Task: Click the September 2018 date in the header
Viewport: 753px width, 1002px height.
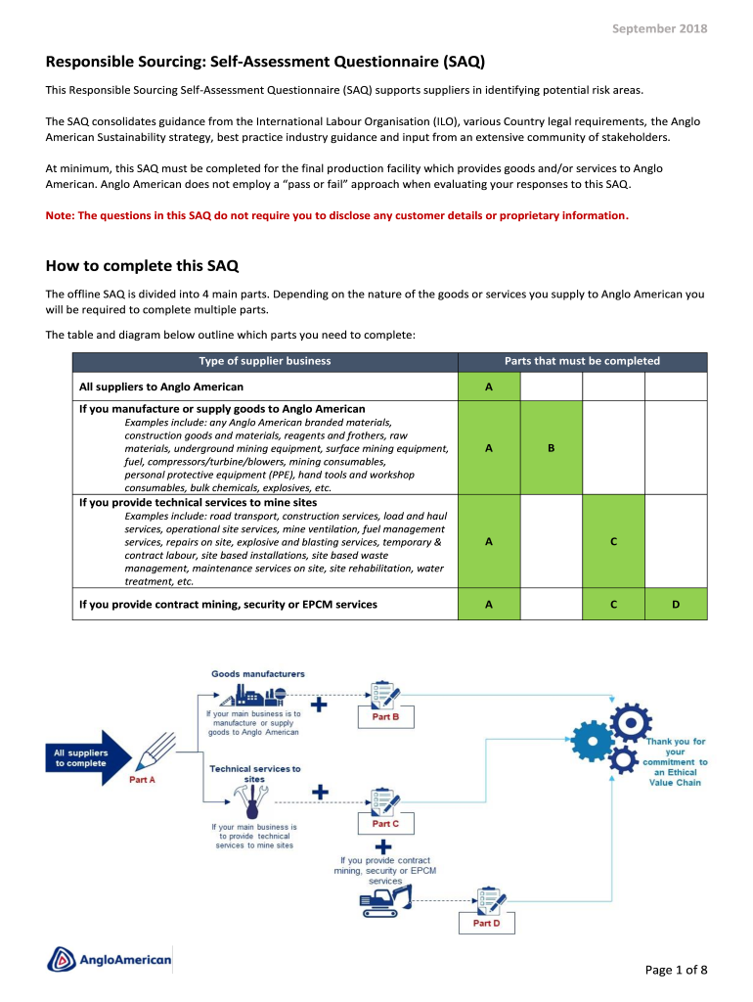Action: pyautogui.click(x=659, y=28)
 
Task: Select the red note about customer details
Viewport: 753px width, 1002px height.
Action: pyautogui.click(x=337, y=215)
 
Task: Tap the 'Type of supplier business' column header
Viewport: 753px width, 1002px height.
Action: pyautogui.click(x=265, y=361)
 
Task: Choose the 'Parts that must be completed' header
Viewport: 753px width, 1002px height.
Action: pyautogui.click(x=582, y=361)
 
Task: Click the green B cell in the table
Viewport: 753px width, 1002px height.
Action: pyautogui.click(x=552, y=448)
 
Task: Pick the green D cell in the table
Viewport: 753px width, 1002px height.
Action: pyautogui.click(x=676, y=605)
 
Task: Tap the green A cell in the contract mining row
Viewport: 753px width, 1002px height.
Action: pyautogui.click(x=489, y=605)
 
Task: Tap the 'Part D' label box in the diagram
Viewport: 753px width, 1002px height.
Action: pyautogui.click(x=486, y=923)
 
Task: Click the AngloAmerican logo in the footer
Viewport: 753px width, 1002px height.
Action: pyautogui.click(x=110, y=960)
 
